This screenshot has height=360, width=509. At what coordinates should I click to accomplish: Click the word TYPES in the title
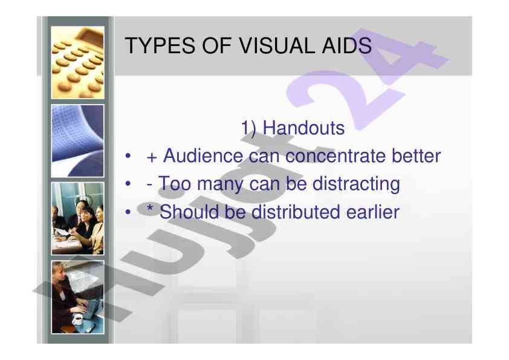pos(160,45)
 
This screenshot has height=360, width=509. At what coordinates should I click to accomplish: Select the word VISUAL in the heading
pos(277,45)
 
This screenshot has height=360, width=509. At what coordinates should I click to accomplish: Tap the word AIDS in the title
pos(347,45)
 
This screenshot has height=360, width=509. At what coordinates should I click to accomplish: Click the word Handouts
pos(303,128)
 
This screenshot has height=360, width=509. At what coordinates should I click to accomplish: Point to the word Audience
pos(203,155)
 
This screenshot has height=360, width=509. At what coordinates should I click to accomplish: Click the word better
pos(416,155)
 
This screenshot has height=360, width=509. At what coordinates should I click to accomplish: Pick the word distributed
pos(296,212)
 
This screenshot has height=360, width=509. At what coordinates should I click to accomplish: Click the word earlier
pos(372,212)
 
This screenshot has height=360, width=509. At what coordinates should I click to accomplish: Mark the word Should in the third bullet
pos(189,212)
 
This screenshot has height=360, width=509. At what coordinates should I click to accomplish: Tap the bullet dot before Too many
pos(128,184)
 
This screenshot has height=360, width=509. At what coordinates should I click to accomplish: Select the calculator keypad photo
pos(77,62)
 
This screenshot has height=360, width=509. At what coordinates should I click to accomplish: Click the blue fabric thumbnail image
pos(77,141)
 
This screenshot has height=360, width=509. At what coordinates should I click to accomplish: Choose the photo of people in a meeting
pos(77,218)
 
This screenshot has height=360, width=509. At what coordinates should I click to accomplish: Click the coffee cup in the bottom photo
pos(77,319)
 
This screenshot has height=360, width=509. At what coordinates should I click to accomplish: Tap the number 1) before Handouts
pos(248,128)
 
